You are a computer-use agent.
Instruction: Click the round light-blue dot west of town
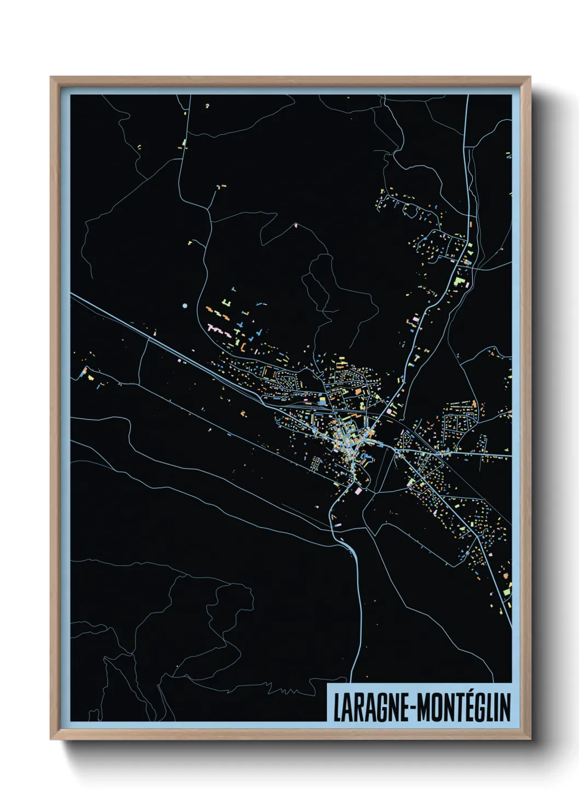click(x=185, y=305)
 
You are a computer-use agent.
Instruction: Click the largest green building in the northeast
click(x=459, y=281)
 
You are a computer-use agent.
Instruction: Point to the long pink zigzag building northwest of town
click(x=218, y=329)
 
